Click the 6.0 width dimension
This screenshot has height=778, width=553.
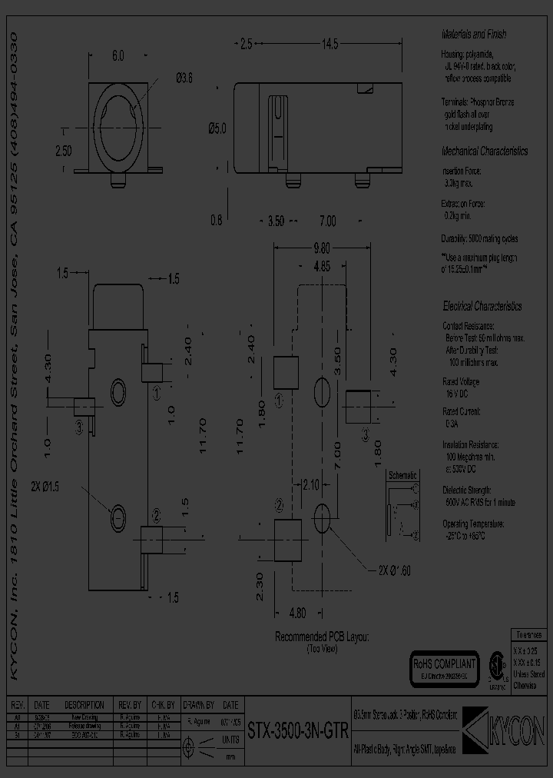(118, 55)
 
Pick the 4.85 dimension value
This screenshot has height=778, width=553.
(323, 268)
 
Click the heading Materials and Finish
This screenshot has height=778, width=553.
(474, 35)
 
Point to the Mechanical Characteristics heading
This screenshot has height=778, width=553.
(484, 151)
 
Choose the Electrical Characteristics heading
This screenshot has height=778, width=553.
(482, 306)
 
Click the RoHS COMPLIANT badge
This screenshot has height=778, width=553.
(445, 665)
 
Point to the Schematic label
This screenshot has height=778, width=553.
(403, 474)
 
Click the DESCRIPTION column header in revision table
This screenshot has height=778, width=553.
(84, 705)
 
